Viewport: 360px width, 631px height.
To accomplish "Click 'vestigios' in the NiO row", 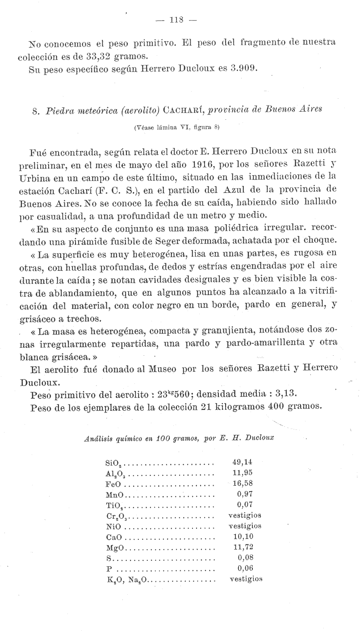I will point(245,526).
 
